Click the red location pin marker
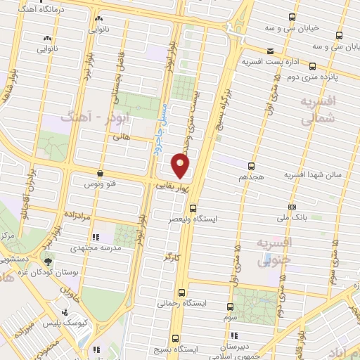181,166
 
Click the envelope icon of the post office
270,51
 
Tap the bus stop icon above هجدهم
252,166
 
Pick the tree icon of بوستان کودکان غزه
48,261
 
